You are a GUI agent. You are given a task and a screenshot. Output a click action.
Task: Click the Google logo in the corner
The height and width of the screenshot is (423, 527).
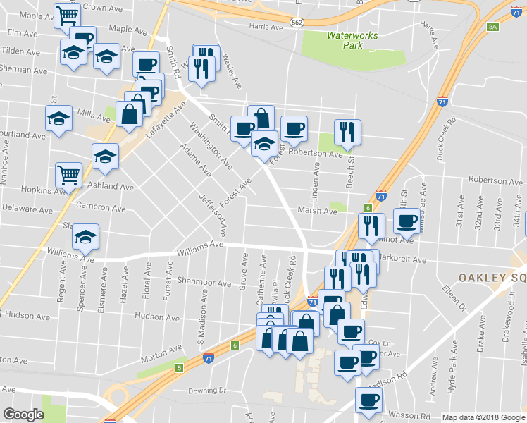24,415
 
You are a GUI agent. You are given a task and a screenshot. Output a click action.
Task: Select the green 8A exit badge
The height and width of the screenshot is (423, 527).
492,27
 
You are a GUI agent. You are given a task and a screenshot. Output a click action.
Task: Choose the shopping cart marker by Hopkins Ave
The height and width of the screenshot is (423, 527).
68,173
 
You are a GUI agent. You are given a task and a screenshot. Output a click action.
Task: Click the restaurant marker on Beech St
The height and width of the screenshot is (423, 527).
347,130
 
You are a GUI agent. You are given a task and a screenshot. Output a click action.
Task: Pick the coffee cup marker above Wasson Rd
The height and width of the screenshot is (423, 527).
368,400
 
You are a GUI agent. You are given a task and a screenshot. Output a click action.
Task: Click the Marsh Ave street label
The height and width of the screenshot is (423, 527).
317,210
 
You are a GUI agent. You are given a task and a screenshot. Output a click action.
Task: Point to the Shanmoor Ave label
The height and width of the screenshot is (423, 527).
204,283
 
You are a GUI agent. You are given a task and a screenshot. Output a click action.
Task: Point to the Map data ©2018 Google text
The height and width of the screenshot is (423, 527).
484,417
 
